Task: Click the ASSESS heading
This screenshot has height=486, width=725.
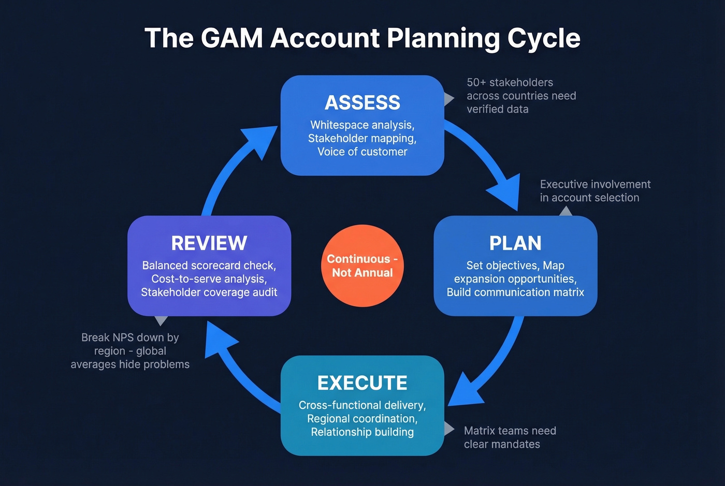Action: pyautogui.click(x=362, y=102)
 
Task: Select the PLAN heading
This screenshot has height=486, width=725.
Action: pyautogui.click(x=515, y=243)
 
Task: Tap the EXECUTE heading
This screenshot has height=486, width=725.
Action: pyautogui.click(x=362, y=383)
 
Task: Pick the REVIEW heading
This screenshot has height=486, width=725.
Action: pyautogui.click(x=209, y=243)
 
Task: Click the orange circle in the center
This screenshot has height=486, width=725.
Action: pyautogui.click(x=362, y=266)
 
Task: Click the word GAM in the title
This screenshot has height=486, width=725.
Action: pyautogui.click(x=231, y=38)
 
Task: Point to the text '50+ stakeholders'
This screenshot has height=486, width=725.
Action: pyautogui.click(x=510, y=82)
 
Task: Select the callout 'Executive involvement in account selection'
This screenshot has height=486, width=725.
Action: pyautogui.click(x=594, y=191)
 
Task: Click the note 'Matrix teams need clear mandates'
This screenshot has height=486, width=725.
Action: pyautogui.click(x=510, y=437)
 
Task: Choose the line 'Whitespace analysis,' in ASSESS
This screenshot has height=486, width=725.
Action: pyautogui.click(x=362, y=125)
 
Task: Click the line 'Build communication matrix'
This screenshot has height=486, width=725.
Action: pyautogui.click(x=515, y=292)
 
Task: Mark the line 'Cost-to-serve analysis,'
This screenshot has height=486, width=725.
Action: pyautogui.click(x=209, y=279)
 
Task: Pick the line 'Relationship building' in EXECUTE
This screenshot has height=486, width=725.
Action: pyautogui.click(x=362, y=432)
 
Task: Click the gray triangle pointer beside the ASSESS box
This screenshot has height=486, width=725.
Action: pyautogui.click(x=448, y=98)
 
